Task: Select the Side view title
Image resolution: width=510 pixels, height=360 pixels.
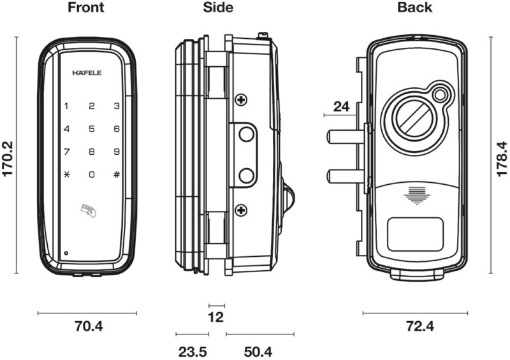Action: click(219, 8)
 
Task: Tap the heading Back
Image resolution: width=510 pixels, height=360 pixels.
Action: click(414, 8)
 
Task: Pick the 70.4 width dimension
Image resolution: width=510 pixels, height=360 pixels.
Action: click(89, 327)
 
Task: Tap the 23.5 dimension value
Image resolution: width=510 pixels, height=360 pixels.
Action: click(192, 352)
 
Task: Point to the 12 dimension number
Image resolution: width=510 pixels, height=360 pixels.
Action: click(217, 317)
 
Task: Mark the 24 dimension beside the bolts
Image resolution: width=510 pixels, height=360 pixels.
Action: click(342, 106)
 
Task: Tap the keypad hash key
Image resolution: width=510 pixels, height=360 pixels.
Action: click(116, 175)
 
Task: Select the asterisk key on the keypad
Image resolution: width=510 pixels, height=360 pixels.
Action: click(67, 175)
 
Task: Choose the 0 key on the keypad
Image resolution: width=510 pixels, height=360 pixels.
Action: click(92, 175)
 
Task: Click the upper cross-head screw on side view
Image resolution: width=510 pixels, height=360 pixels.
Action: click(241, 99)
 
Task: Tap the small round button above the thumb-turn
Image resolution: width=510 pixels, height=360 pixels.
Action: click(440, 95)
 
